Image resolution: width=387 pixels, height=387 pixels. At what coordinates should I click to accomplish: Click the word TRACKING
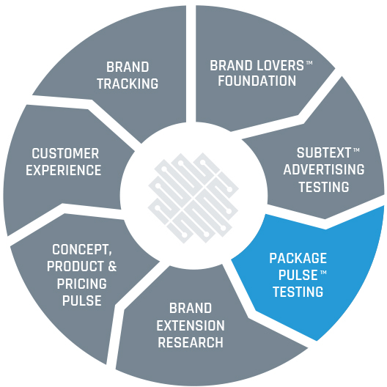coord(128,84)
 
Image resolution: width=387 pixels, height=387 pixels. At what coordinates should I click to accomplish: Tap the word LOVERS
coord(280,66)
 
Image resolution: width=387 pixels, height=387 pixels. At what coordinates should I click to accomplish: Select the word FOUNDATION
coord(257,81)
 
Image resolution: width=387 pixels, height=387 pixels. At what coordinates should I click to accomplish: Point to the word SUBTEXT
coord(324,152)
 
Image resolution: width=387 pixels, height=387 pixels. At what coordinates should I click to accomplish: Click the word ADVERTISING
coord(324,169)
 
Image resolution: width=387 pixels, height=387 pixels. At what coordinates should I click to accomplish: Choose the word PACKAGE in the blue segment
coord(298,258)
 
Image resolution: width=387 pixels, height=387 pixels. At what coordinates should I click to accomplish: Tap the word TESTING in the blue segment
coord(298,292)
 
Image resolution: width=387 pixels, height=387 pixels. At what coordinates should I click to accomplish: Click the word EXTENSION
coord(191,325)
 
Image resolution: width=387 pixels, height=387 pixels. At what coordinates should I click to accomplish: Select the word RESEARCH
coord(191,342)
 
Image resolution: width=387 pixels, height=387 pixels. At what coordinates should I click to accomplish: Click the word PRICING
coord(82,284)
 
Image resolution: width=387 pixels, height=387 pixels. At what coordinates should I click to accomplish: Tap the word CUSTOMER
coord(65,153)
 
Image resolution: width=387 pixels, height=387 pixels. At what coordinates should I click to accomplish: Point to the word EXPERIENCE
coord(64,170)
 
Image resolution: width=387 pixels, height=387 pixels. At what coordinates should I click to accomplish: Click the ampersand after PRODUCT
coord(112,267)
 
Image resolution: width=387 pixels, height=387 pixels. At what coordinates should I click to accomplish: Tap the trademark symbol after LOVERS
coord(309,62)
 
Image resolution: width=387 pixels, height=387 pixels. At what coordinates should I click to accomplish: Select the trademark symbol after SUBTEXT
coord(356,150)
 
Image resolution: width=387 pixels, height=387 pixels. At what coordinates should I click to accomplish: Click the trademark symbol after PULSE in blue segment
coord(323,272)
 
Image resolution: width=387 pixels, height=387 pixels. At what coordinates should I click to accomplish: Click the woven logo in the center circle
coord(193,198)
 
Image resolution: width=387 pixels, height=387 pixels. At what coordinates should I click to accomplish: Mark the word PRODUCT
coord(75,267)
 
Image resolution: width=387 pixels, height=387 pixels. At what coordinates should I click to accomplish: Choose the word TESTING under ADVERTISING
coord(324,187)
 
